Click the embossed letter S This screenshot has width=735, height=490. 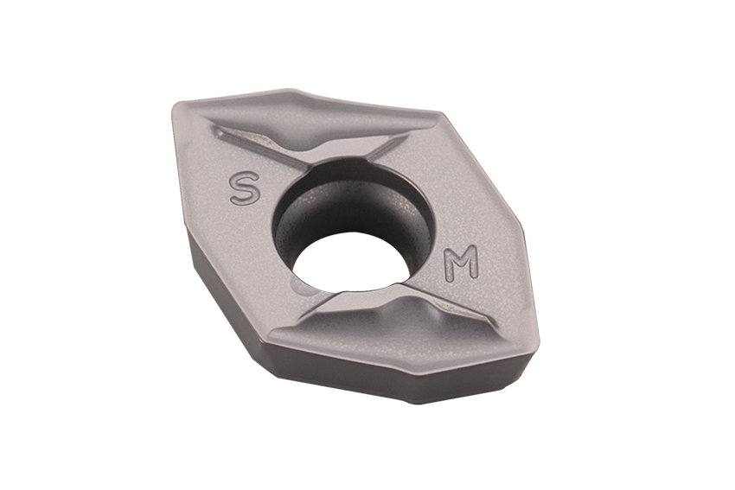pyautogui.click(x=244, y=188)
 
